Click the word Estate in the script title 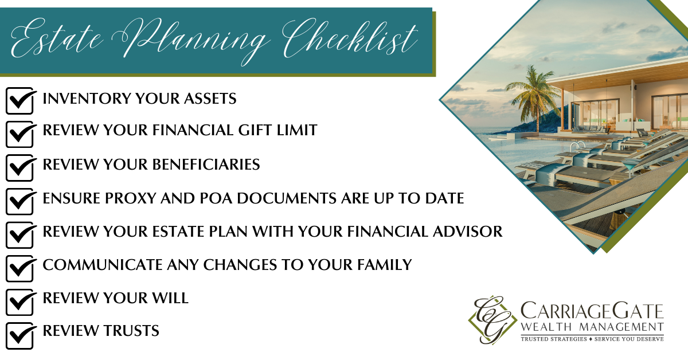tap(57, 38)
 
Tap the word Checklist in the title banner tap(350, 38)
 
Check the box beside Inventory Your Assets tap(20, 100)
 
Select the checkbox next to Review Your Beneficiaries tap(20, 168)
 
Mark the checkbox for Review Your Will tap(20, 302)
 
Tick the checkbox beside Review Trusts tap(20, 335)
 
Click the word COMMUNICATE tap(102, 265)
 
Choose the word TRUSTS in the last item tap(131, 331)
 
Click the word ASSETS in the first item tap(210, 99)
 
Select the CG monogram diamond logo tap(491, 320)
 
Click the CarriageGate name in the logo tap(592, 311)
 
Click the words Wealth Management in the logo tap(592, 327)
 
